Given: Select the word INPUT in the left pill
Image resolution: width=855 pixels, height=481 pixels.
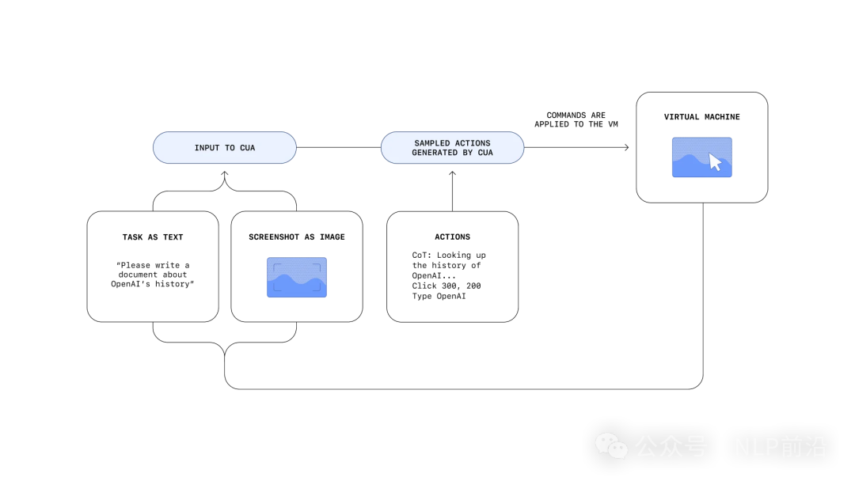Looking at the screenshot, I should click(x=207, y=148).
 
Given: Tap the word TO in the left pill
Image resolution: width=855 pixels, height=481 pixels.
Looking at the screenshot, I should click(x=230, y=148).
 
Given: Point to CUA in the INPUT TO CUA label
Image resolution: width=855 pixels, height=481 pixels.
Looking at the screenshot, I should click(x=248, y=148).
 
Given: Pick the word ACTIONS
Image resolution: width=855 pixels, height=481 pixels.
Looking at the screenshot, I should click(x=473, y=143).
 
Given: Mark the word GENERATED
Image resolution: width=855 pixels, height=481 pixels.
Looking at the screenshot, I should click(x=435, y=153).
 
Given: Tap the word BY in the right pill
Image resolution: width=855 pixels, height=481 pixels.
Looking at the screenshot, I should click(x=467, y=153).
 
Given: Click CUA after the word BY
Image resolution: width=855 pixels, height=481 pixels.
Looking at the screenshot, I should click(x=485, y=153).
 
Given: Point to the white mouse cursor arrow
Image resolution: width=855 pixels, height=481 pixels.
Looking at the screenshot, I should click(x=715, y=162).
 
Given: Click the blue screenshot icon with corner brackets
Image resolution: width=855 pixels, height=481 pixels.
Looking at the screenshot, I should click(x=296, y=278).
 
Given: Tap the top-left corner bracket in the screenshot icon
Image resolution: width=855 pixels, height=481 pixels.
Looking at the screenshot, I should click(x=275, y=267).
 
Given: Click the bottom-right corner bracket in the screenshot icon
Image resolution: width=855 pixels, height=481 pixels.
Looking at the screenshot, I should click(x=318, y=289).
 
